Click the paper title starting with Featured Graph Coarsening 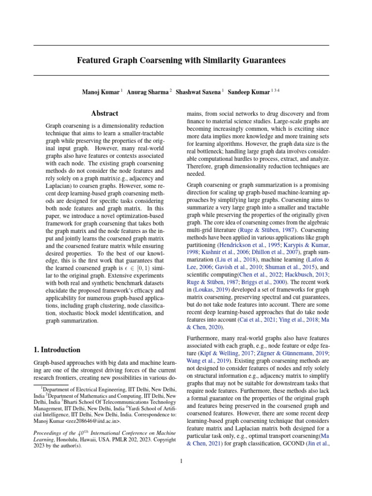click(x=182, y=61)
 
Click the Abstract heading click(x=105, y=113)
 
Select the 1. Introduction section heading click(x=57, y=350)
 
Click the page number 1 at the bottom click(x=181, y=461)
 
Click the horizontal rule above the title click(x=182, y=45)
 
